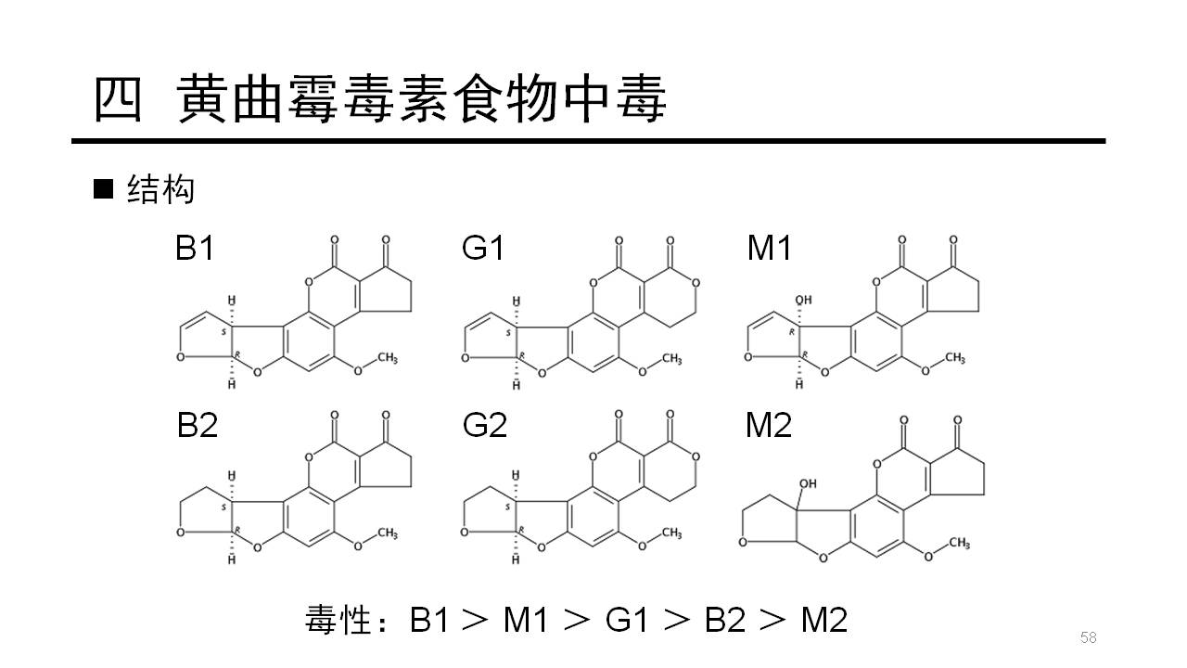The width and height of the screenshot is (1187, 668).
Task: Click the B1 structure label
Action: pyautogui.click(x=195, y=248)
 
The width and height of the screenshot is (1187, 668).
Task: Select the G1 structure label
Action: pyautogui.click(x=483, y=248)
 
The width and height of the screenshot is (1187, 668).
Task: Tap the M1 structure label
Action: pyautogui.click(x=769, y=248)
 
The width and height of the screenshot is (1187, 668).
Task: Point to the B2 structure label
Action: pyautogui.click(x=198, y=425)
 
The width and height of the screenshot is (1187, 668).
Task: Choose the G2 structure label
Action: pyautogui.click(x=484, y=425)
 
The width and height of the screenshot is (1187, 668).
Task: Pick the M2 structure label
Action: pyautogui.click(x=769, y=425)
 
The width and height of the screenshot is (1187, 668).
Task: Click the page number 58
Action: pyautogui.click(x=1089, y=637)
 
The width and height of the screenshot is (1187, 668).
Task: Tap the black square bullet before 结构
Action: pyautogui.click(x=103, y=189)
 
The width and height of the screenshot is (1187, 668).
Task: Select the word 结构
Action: pyautogui.click(x=160, y=189)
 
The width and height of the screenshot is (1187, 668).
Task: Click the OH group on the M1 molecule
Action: pyautogui.click(x=803, y=300)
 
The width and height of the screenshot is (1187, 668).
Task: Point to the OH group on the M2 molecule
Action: pyautogui.click(x=808, y=484)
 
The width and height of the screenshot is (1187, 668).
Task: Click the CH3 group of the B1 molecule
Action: pyautogui.click(x=388, y=358)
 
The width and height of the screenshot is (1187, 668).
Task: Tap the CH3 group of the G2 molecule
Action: pyautogui.click(x=671, y=533)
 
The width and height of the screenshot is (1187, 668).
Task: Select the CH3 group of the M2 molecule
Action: pyautogui.click(x=959, y=543)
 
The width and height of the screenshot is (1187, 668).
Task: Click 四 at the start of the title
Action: pyautogui.click(x=118, y=99)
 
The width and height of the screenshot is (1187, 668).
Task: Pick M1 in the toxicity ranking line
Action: pyautogui.click(x=525, y=619)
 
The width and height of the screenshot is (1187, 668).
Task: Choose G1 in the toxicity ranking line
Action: pyautogui.click(x=627, y=619)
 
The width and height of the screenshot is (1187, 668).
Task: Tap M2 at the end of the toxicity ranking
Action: pyautogui.click(x=824, y=619)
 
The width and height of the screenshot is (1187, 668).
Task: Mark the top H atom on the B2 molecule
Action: pyautogui.click(x=232, y=476)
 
